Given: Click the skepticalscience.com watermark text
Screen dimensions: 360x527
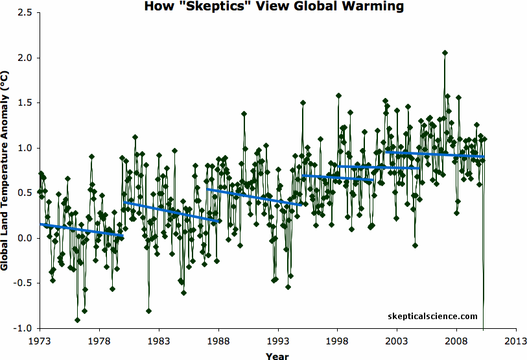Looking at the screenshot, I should tap(432, 317).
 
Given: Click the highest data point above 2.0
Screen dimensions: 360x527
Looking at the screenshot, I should tap(445, 53).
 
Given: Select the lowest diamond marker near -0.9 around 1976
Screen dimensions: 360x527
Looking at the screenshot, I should tap(77, 320).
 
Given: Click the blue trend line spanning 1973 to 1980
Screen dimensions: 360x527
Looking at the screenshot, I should tap(81, 230).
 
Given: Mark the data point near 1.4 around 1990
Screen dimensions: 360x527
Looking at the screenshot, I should tap(244, 114).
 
